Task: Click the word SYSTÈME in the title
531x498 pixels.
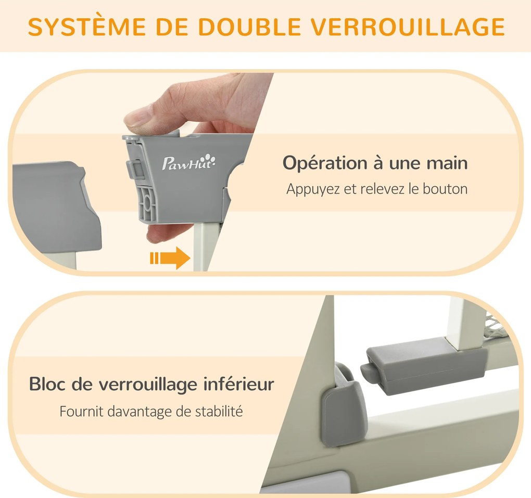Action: click(87, 26)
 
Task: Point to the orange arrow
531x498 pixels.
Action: click(170, 258)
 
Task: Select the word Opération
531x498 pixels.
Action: click(325, 164)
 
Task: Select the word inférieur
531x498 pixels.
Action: click(239, 384)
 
